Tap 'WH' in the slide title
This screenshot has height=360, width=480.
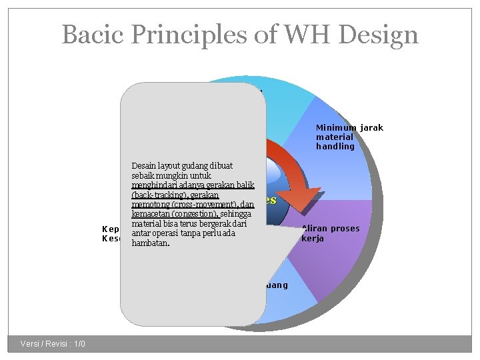(x=299, y=34)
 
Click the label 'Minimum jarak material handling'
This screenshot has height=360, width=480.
(x=349, y=137)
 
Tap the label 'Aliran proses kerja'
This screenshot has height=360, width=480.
(x=330, y=233)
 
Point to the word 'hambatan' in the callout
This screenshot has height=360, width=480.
(x=151, y=244)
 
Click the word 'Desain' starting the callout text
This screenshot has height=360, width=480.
(x=143, y=165)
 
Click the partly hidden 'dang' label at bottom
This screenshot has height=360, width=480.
(x=277, y=285)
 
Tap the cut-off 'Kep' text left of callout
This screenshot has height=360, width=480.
(x=110, y=229)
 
